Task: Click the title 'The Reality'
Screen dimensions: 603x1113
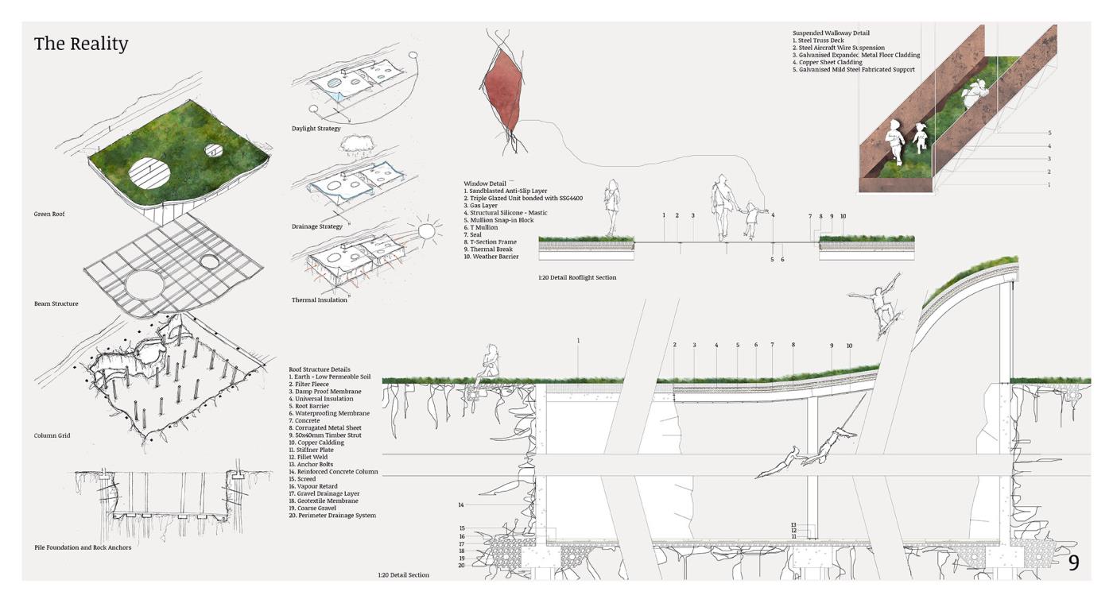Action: [x=81, y=44]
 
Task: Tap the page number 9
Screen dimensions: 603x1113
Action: [x=1073, y=562]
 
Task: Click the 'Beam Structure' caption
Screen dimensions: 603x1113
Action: [x=56, y=304]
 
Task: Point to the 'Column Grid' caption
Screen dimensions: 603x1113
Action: [x=52, y=435]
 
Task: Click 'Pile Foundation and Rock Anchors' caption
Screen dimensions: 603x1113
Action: [x=83, y=547]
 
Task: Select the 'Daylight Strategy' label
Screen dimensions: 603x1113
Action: [x=316, y=129]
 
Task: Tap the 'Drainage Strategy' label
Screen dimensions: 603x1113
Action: [x=317, y=227]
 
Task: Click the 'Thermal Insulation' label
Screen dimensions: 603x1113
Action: [x=320, y=300]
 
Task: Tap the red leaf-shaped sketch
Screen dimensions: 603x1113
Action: [x=505, y=90]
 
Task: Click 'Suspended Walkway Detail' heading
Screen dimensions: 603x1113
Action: [x=831, y=33]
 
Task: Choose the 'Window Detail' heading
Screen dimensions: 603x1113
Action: [x=485, y=184]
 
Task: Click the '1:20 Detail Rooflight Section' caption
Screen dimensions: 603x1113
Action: [x=577, y=278]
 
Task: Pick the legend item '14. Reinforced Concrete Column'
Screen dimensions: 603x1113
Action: [x=334, y=472]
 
